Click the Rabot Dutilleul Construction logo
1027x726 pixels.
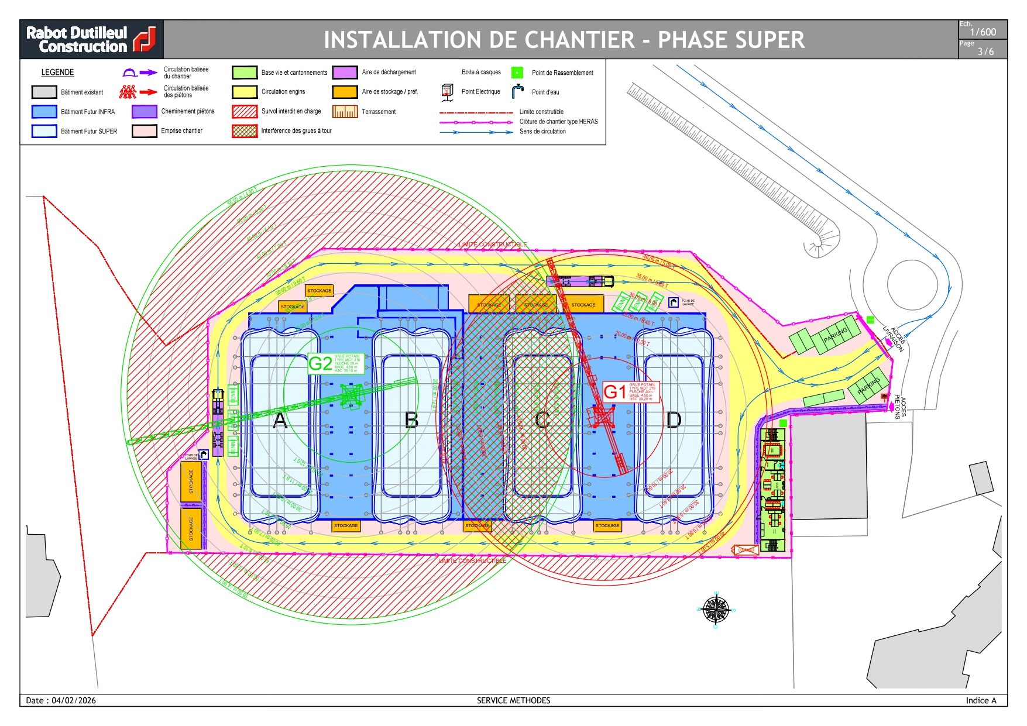click(91, 39)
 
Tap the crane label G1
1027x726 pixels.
click(614, 391)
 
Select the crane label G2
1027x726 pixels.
click(320, 363)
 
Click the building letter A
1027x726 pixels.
click(280, 420)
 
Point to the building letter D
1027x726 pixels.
click(674, 420)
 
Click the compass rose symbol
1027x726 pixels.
click(715, 610)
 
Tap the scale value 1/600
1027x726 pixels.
click(983, 32)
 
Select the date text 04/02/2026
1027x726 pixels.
click(74, 700)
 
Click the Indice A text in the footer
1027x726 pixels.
click(981, 700)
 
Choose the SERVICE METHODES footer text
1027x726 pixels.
click(513, 700)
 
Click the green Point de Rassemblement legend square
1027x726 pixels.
click(517, 73)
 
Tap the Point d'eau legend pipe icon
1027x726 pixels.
click(517, 91)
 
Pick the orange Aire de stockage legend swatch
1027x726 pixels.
click(345, 92)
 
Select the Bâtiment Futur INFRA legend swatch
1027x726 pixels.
click(44, 112)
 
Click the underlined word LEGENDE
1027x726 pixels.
click(57, 73)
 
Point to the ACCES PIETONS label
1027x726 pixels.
click(900, 407)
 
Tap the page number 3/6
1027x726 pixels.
click(985, 51)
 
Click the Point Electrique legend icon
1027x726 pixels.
click(447, 92)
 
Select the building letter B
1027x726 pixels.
click(411, 420)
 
